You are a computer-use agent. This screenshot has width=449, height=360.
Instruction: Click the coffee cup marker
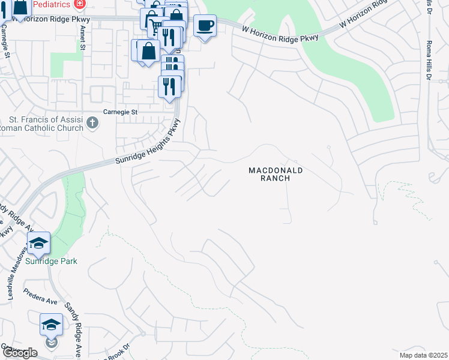pyautogui.click(x=205, y=26)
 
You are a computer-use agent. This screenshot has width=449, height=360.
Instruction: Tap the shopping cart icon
pyautogui.click(x=155, y=26)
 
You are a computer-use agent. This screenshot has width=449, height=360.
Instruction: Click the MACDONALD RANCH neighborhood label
pyautogui.click(x=276, y=175)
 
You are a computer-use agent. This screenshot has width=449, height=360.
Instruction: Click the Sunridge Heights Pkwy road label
pyautogui.click(x=147, y=148)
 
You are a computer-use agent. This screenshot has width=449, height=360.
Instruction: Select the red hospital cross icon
pyautogui.click(x=79, y=3)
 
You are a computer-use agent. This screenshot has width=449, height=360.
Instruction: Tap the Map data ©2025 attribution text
pyautogui.click(x=424, y=355)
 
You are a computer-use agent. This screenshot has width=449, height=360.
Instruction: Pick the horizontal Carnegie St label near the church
pyautogui.click(x=121, y=112)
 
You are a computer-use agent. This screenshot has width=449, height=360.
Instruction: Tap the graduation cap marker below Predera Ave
pyautogui.click(x=51, y=325)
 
